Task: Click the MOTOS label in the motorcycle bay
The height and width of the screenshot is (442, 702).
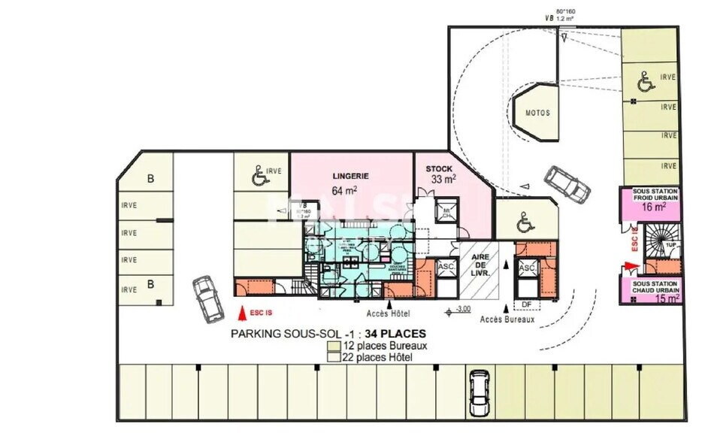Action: pyautogui.click(x=537, y=113)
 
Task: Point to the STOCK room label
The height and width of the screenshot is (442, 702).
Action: pyautogui.click(x=439, y=168)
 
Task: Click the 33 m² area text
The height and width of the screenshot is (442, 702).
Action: pyautogui.click(x=443, y=180)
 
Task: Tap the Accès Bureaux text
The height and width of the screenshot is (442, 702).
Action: pyautogui.click(x=507, y=319)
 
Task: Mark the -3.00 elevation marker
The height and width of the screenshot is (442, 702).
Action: pyautogui.click(x=461, y=309)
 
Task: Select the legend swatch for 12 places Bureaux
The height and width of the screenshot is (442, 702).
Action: pyautogui.click(x=334, y=346)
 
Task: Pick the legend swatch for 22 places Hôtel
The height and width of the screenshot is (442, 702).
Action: pyautogui.click(x=334, y=357)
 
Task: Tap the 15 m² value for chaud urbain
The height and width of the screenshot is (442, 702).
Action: pyautogui.click(x=666, y=298)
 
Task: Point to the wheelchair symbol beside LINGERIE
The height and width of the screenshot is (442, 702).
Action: pyautogui.click(x=258, y=177)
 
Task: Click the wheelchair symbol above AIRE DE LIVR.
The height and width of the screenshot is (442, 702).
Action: pyautogui.click(x=526, y=223)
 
